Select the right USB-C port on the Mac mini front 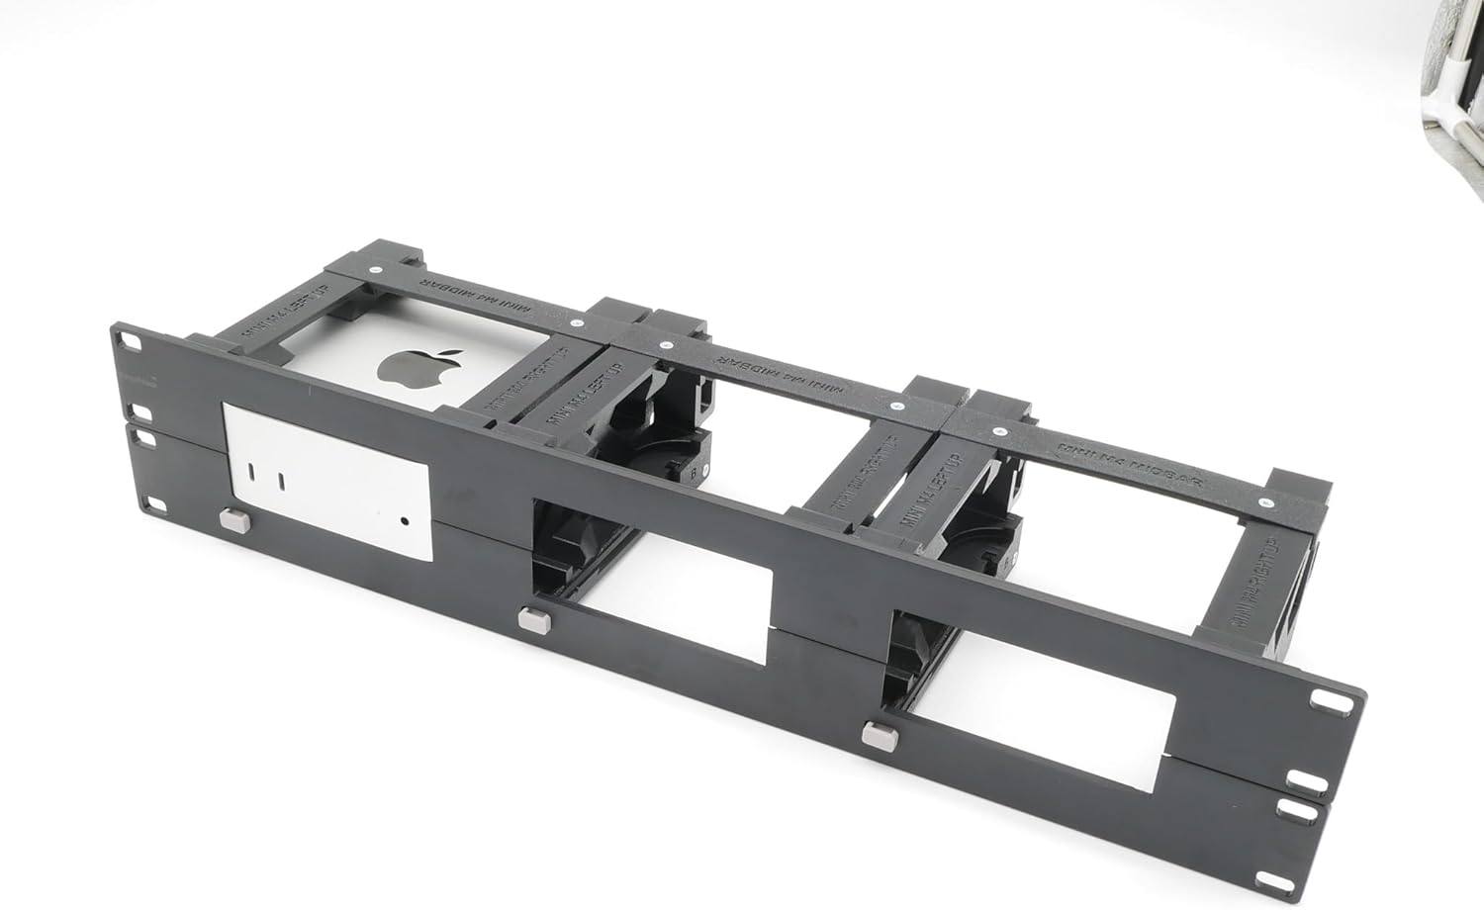[x=283, y=482]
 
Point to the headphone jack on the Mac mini [x=405, y=519]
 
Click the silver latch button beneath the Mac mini [x=233, y=518]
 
